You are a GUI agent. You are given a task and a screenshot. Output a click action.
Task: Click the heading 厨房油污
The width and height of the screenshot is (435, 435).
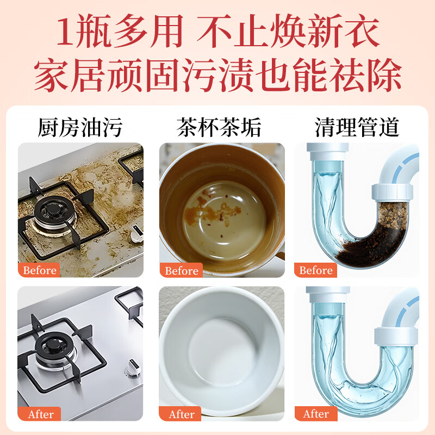[80, 128]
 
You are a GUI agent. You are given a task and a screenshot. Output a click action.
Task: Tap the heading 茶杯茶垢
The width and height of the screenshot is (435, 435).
[219, 128]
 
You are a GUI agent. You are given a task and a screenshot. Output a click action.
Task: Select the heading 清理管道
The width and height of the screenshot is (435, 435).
[357, 128]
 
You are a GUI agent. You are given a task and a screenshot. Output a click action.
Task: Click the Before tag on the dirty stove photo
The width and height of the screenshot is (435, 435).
[40, 270]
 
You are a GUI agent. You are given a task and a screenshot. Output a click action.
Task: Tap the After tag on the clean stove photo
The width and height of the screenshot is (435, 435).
[41, 414]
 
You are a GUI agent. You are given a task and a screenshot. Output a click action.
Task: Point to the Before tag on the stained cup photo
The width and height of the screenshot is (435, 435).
[181, 271]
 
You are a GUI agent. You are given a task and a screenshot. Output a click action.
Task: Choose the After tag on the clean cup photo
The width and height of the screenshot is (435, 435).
[182, 414]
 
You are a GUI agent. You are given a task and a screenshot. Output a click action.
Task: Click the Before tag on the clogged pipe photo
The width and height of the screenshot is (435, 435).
[316, 270]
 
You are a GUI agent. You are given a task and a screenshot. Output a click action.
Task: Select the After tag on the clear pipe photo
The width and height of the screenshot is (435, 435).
[316, 414]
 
